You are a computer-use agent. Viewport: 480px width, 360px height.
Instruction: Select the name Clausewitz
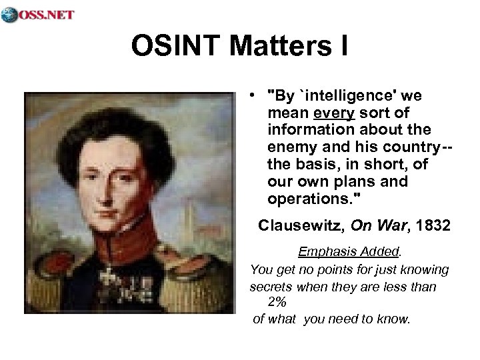299,227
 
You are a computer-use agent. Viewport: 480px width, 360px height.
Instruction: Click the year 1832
433,227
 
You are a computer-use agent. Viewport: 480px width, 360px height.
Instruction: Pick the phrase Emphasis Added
349,253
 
